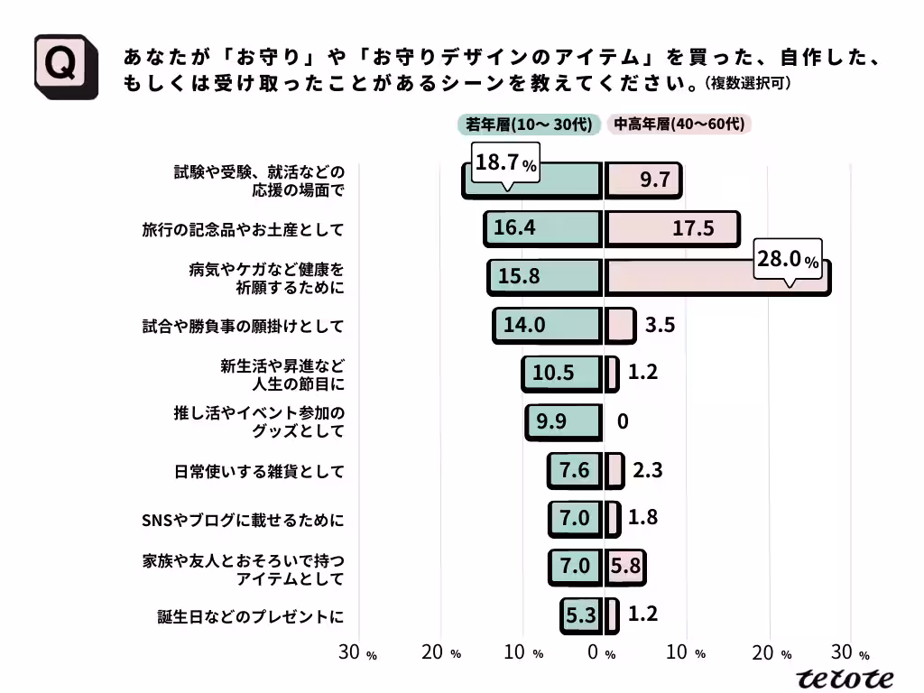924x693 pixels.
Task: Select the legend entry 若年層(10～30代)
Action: click(x=529, y=125)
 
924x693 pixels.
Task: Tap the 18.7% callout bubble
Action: click(x=505, y=164)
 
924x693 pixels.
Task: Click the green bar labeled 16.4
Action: click(x=542, y=228)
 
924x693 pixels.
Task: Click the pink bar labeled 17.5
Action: click(x=671, y=228)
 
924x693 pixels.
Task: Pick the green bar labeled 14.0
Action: click(x=547, y=325)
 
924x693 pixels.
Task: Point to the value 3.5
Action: click(x=661, y=325)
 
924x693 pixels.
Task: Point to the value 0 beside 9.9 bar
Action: click(x=623, y=421)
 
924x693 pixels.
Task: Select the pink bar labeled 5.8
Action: click(x=624, y=567)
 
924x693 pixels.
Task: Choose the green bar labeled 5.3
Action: click(x=580, y=615)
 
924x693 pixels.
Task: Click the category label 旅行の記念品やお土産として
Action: click(x=243, y=229)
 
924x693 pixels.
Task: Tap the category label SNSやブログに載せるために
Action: click(x=243, y=520)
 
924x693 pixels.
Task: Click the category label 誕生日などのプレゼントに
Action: click(x=250, y=617)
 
